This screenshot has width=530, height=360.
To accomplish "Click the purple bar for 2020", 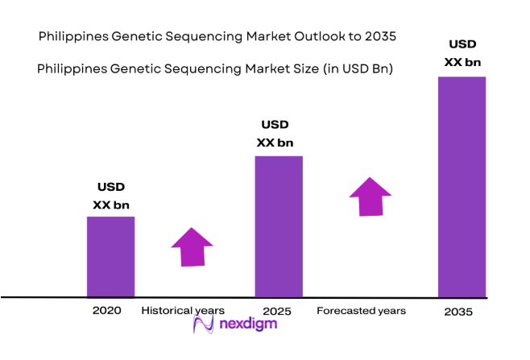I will point(110,256).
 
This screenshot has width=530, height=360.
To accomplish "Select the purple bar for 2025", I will point(279,226).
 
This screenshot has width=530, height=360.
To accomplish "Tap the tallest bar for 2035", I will point(462,186).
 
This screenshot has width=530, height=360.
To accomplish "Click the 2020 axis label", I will point(107,310).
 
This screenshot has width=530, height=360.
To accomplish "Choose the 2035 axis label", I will point(460,311).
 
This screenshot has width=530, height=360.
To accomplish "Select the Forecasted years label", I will point(361,310).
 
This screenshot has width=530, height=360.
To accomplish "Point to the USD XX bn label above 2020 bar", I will point(110,196).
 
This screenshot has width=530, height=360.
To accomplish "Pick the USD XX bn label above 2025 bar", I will point(275,134).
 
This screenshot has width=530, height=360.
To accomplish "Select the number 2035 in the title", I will point(380,37).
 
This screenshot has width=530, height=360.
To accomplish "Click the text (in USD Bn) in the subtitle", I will point(357,69).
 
